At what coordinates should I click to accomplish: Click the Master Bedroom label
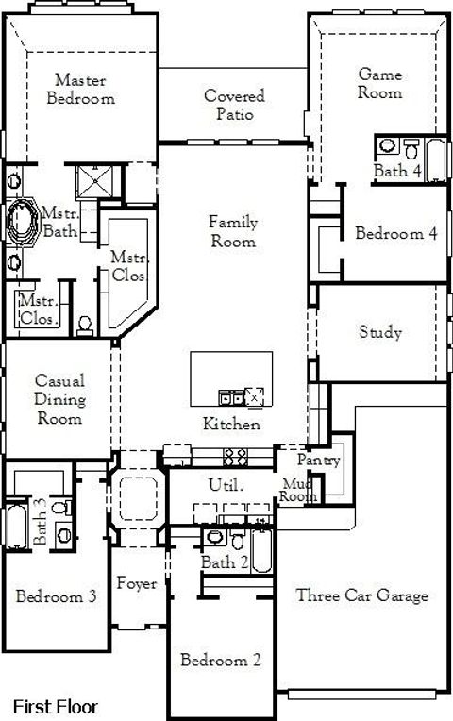point(84,89)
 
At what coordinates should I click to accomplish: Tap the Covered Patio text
point(234,105)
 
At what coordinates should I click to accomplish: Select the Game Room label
point(379,83)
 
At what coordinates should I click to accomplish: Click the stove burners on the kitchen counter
point(235,458)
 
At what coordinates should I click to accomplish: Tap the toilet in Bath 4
point(411,148)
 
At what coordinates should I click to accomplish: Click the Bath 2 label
point(224,562)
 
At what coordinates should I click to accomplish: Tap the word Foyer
point(137,584)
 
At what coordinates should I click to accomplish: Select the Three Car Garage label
point(362,595)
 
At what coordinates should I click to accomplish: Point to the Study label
point(380,332)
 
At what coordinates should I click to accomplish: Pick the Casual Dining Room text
point(59,400)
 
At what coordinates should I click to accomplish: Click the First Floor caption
point(55,705)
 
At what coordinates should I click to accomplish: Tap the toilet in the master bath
point(85,323)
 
